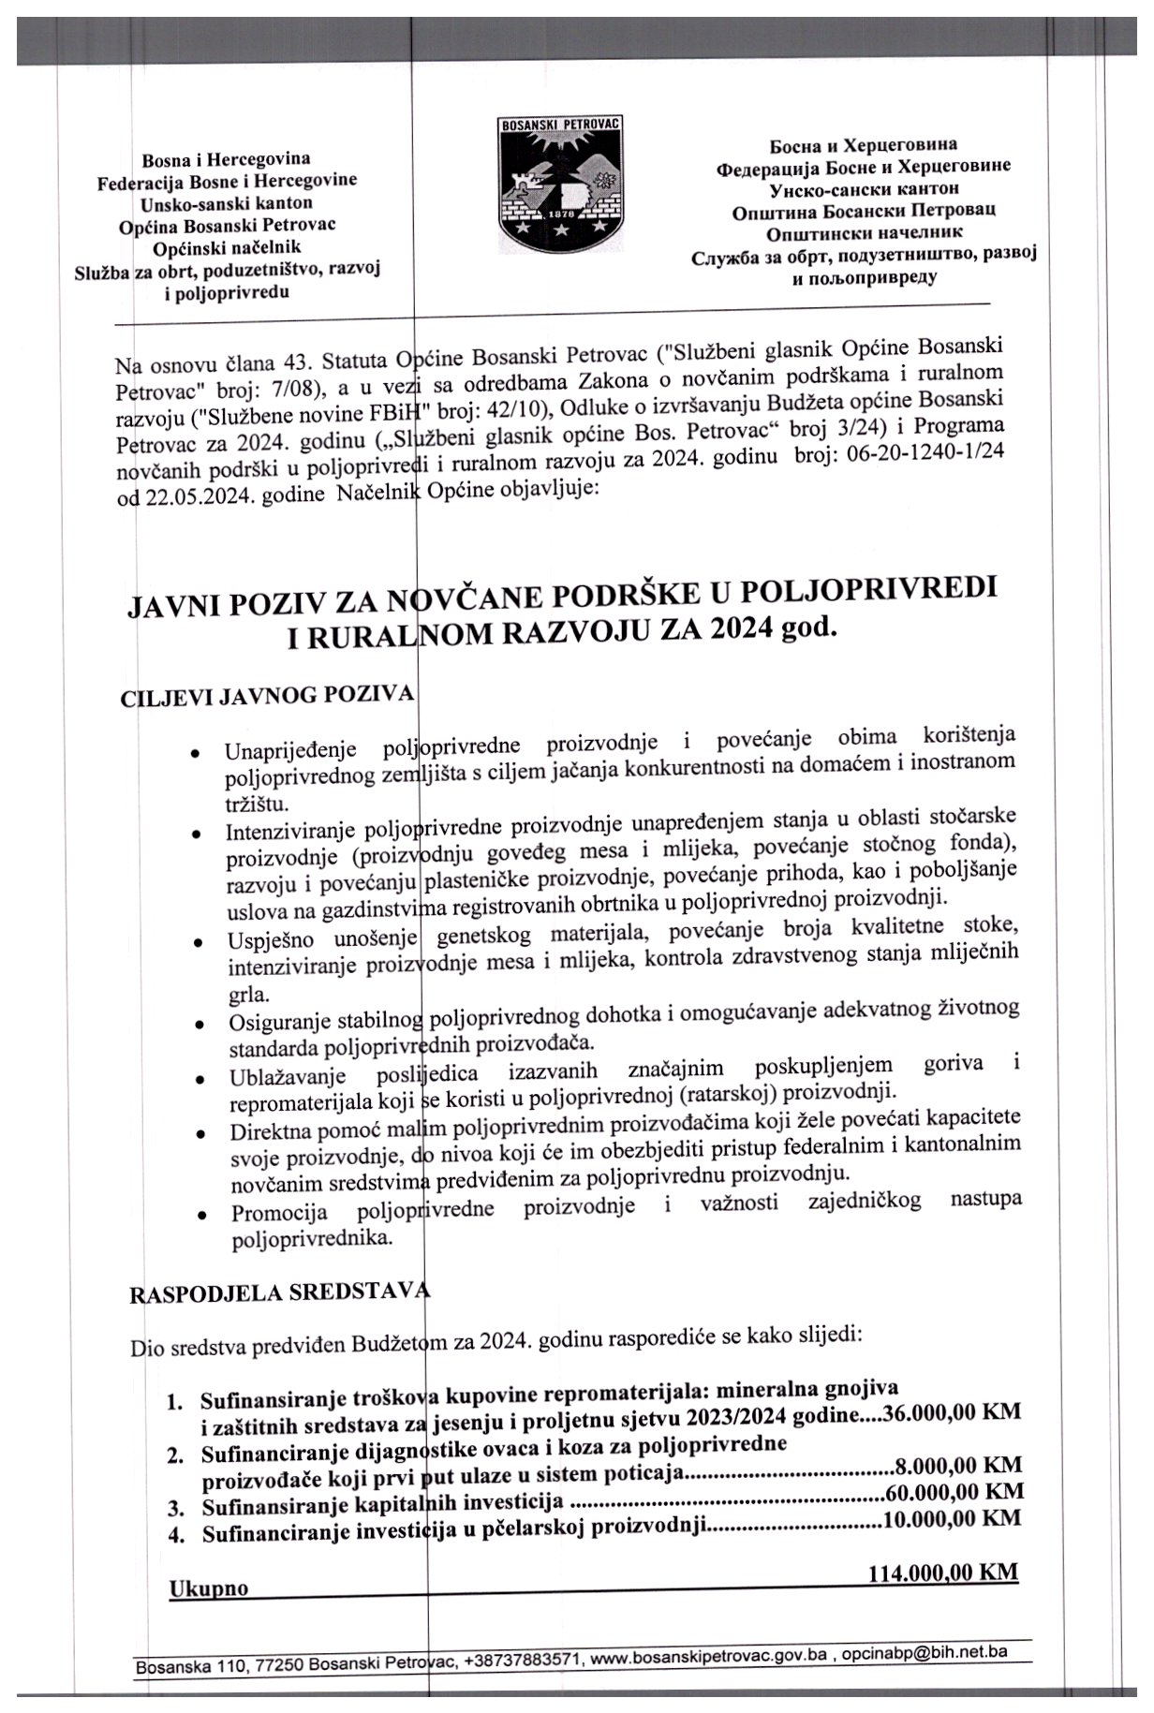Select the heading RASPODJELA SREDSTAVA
click(279, 1294)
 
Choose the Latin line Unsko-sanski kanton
click(227, 203)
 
